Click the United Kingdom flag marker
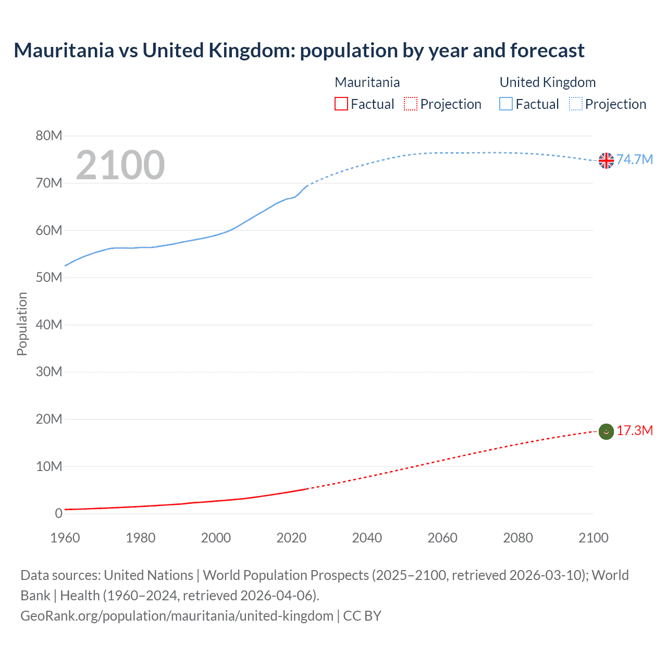click(x=606, y=160)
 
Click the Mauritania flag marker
click(x=606, y=431)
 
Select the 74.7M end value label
click(x=635, y=159)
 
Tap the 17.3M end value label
click(x=635, y=430)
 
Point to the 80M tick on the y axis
click(x=49, y=136)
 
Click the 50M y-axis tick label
click(x=49, y=278)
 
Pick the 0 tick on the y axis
click(x=58, y=514)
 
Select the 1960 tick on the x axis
click(x=65, y=538)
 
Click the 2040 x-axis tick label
click(x=367, y=538)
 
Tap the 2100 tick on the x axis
click(x=593, y=538)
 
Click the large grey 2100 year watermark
click(x=120, y=165)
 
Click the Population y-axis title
click(x=22, y=324)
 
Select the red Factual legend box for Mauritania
click(x=341, y=104)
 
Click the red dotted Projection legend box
click(x=411, y=104)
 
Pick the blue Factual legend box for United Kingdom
click(x=506, y=104)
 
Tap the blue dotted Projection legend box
click(x=576, y=104)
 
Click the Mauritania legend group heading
click(x=367, y=82)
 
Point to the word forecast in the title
click(x=547, y=51)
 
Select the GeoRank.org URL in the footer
click(x=177, y=616)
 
